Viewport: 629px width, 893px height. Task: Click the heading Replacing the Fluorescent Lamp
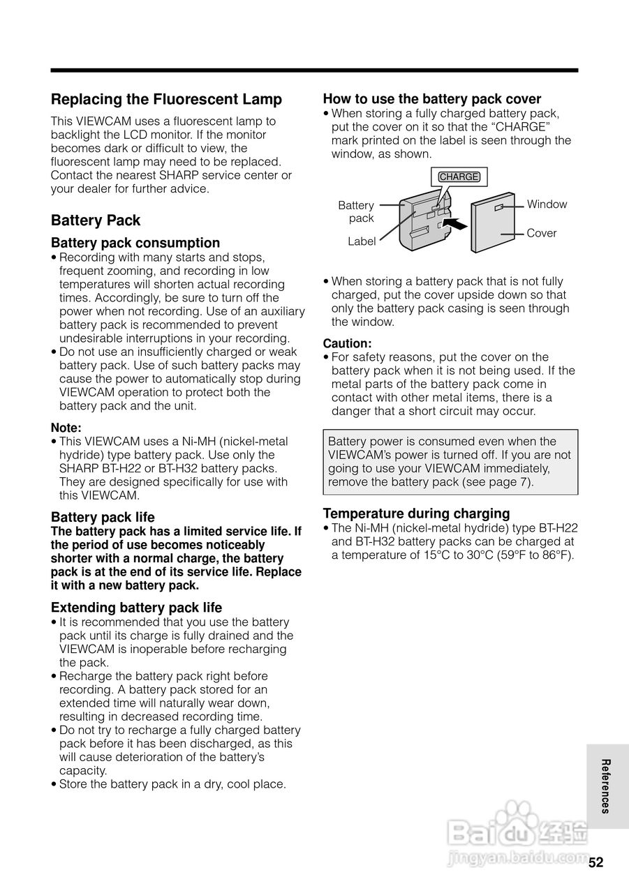click(166, 100)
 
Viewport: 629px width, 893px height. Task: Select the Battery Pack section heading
click(96, 220)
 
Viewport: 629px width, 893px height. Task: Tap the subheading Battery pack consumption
click(135, 243)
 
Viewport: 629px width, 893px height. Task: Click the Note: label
click(66, 428)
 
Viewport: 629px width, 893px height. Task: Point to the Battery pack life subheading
click(103, 517)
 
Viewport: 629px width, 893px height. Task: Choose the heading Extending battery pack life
click(136, 608)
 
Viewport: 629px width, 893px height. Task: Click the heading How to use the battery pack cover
click(432, 99)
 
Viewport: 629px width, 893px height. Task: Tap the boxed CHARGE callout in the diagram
click(459, 177)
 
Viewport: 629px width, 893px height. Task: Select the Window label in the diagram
click(547, 204)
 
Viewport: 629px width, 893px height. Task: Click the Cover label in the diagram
click(542, 233)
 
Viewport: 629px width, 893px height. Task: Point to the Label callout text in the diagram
click(362, 241)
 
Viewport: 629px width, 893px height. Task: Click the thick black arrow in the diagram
click(454, 224)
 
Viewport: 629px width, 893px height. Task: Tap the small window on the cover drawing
click(499, 207)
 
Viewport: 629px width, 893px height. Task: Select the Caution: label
click(347, 343)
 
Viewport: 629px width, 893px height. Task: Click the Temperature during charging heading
click(416, 513)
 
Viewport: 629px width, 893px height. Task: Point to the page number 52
click(595, 862)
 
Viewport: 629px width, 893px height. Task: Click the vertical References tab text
click(606, 786)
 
